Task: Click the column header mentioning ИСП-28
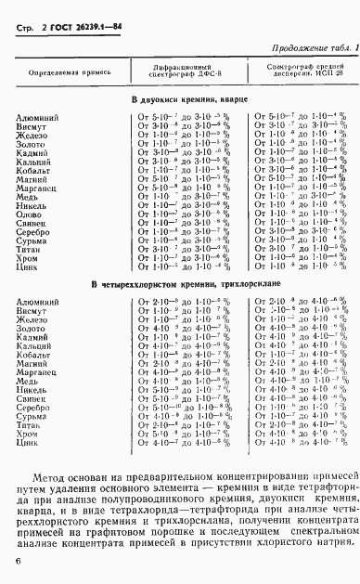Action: (x=302, y=71)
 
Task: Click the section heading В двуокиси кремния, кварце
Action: (x=181, y=99)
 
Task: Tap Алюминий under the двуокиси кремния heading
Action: (x=38, y=117)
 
